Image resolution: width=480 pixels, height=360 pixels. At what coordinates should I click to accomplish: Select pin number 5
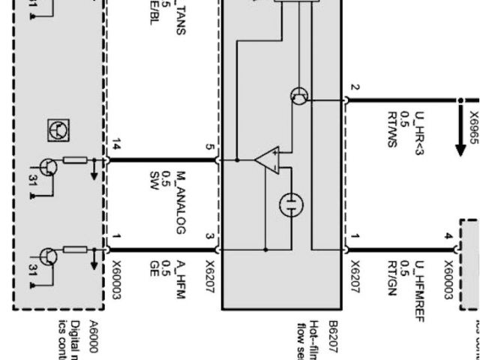click(210, 146)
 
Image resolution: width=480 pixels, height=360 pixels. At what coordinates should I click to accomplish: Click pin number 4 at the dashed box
click(448, 237)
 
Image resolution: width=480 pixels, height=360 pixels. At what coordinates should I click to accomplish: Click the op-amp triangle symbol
click(265, 160)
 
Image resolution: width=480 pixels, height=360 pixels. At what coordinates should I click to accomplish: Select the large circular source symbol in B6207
click(292, 204)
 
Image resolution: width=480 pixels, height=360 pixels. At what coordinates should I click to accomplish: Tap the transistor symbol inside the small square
click(58, 130)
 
